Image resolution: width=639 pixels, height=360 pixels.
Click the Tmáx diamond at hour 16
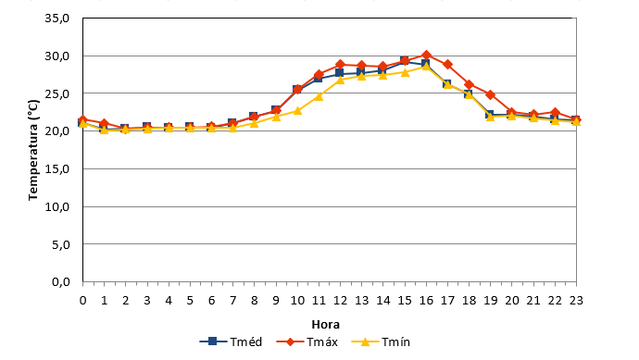(x=426, y=55)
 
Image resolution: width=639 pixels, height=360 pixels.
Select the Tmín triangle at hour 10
(x=297, y=110)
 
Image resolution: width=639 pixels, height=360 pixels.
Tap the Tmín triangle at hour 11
(x=319, y=96)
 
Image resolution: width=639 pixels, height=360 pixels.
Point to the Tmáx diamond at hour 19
(x=491, y=95)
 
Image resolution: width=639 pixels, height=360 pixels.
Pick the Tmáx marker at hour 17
(x=448, y=65)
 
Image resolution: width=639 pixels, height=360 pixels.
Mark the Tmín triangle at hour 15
(x=405, y=72)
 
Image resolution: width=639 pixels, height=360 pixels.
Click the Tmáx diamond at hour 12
(x=340, y=65)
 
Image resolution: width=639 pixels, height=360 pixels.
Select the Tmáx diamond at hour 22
(x=555, y=112)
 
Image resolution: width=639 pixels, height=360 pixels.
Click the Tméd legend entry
(x=231, y=341)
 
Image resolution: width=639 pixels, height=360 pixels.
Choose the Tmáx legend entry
(x=307, y=341)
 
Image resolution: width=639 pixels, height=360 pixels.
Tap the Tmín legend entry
(x=381, y=341)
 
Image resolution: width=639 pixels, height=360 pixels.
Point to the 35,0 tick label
(x=57, y=19)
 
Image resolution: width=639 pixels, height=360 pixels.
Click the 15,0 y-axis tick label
(x=57, y=169)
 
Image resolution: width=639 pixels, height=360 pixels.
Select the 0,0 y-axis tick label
(x=61, y=282)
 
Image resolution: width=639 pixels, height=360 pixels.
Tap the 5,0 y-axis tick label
(x=61, y=244)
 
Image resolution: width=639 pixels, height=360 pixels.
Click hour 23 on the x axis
(x=576, y=301)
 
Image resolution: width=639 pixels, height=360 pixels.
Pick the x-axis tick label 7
(x=232, y=301)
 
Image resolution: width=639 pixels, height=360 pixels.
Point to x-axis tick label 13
(x=361, y=301)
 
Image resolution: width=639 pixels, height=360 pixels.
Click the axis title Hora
(x=326, y=325)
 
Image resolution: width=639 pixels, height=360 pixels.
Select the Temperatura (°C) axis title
(x=33, y=150)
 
